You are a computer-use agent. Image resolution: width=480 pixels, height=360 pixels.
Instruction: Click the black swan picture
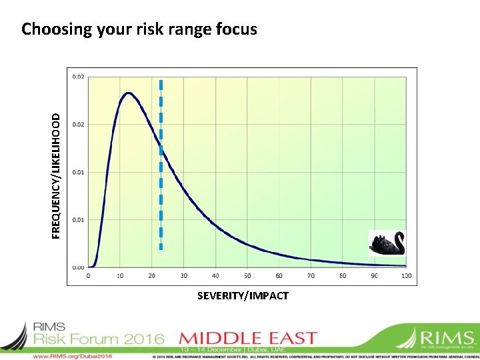click(387, 243)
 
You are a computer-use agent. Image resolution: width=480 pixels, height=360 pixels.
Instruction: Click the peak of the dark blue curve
click(128, 93)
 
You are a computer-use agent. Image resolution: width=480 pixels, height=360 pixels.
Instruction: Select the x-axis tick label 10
click(120, 275)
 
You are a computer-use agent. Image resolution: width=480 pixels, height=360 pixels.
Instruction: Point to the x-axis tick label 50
click(247, 275)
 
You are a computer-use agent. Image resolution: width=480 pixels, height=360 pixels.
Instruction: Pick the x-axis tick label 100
click(406, 275)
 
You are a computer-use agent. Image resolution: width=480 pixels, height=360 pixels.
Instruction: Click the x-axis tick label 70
click(311, 275)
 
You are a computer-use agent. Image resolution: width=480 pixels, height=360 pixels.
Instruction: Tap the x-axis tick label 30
click(184, 275)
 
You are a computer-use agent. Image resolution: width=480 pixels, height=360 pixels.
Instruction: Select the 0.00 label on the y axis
click(79, 267)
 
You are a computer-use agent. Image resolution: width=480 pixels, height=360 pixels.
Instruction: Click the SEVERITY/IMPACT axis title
click(243, 295)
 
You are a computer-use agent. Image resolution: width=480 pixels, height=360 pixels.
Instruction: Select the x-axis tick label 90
click(375, 275)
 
